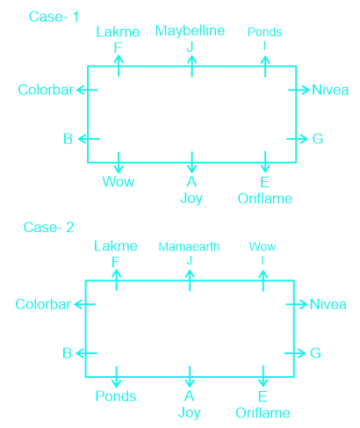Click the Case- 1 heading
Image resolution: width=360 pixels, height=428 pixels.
pyautogui.click(x=54, y=17)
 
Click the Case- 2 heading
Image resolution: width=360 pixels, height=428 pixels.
pyautogui.click(x=48, y=228)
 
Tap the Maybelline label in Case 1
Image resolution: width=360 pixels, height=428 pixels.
pyautogui.click(x=190, y=31)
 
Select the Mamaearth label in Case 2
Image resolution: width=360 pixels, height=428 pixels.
pyautogui.click(x=189, y=247)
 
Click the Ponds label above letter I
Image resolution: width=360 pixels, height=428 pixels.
pyautogui.click(x=264, y=32)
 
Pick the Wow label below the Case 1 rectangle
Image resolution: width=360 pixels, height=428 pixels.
pyautogui.click(x=119, y=182)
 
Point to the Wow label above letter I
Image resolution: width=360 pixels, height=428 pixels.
pyautogui.click(x=263, y=247)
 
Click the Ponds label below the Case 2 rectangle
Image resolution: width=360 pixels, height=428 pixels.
pyautogui.click(x=116, y=396)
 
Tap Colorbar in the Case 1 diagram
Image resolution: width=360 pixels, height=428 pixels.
pyautogui.click(x=46, y=90)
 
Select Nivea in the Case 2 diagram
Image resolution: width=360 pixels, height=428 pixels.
pyautogui.click(x=328, y=304)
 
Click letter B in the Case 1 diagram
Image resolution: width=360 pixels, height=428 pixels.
pyautogui.click(x=68, y=139)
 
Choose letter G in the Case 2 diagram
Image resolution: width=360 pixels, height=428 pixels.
pyautogui.click(x=315, y=353)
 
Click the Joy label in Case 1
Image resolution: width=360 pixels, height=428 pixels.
pyautogui.click(x=191, y=199)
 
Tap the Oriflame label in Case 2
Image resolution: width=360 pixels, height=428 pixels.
pyautogui.click(x=263, y=413)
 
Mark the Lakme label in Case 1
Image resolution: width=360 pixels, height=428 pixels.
pyautogui.click(x=118, y=32)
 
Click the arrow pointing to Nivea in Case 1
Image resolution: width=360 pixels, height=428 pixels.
pyautogui.click(x=299, y=90)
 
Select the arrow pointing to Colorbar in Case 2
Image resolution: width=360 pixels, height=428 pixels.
pyautogui.click(x=85, y=304)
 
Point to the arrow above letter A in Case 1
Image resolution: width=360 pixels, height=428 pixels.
pyautogui.click(x=191, y=163)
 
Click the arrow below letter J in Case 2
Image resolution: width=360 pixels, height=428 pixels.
pyautogui.click(x=190, y=280)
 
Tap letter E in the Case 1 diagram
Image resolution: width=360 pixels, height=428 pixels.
pyautogui.click(x=265, y=182)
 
